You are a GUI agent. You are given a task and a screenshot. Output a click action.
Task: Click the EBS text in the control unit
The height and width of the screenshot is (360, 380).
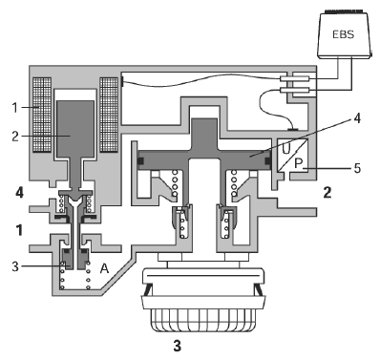coord(344,34)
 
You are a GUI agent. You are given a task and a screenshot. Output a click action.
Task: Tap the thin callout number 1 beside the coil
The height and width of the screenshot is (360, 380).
coord(15,108)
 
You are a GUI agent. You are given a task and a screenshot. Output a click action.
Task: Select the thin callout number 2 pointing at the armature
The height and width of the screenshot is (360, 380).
coord(15,137)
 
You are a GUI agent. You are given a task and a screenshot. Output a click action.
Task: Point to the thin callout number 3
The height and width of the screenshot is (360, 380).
coord(15,266)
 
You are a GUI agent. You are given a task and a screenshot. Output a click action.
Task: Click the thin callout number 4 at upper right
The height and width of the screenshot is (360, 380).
coord(357,118)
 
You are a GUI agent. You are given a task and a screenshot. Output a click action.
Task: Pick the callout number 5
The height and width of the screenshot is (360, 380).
coord(357,168)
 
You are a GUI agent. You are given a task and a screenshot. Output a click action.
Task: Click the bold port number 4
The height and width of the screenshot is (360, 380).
coord(19,193)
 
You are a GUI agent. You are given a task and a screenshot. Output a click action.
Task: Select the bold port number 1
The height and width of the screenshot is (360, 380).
coord(20,230)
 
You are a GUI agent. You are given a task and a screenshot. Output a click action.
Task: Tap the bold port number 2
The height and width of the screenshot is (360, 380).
coord(327,193)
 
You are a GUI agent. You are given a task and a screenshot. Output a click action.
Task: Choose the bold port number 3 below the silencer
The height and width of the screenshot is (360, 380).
coord(178,346)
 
